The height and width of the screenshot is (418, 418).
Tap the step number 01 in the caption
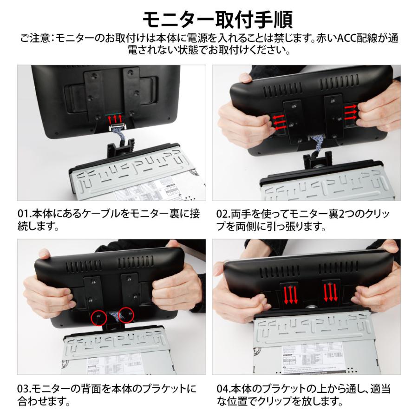23,215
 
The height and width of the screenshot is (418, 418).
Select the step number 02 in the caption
222,215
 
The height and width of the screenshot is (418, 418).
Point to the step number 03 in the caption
23,388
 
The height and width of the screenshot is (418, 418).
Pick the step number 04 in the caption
223,388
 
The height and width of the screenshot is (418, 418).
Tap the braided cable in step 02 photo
320,141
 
